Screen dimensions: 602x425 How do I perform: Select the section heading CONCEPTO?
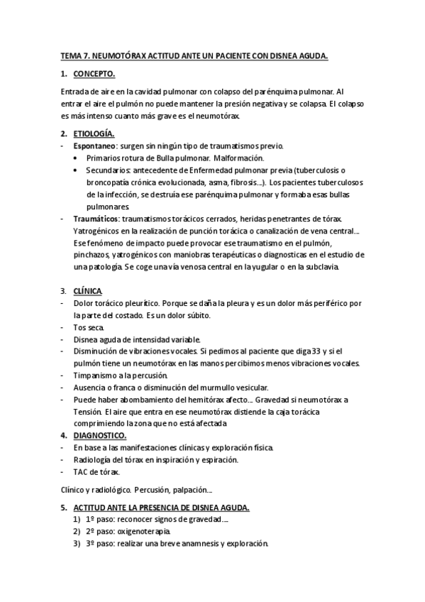click(95, 74)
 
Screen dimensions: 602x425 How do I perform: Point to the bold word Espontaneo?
click(96, 146)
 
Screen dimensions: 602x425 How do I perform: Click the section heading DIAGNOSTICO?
click(100, 435)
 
